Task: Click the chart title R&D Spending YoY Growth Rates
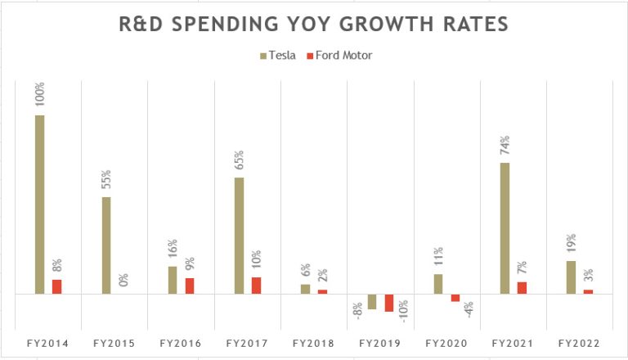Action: pos(314,24)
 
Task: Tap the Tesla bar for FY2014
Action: pos(39,204)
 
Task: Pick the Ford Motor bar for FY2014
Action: pos(56,286)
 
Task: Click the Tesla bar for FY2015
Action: pos(106,245)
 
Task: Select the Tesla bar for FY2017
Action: pos(239,236)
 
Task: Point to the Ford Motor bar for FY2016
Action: pos(190,286)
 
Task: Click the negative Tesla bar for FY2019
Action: pos(372,301)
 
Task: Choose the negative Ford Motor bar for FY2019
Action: pos(389,303)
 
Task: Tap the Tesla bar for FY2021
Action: pos(505,227)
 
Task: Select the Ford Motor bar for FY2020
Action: pos(455,298)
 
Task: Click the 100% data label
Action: pos(39,95)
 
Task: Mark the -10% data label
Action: pos(403,312)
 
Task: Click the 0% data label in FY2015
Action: pos(123,280)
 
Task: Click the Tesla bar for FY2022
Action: pos(571,277)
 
